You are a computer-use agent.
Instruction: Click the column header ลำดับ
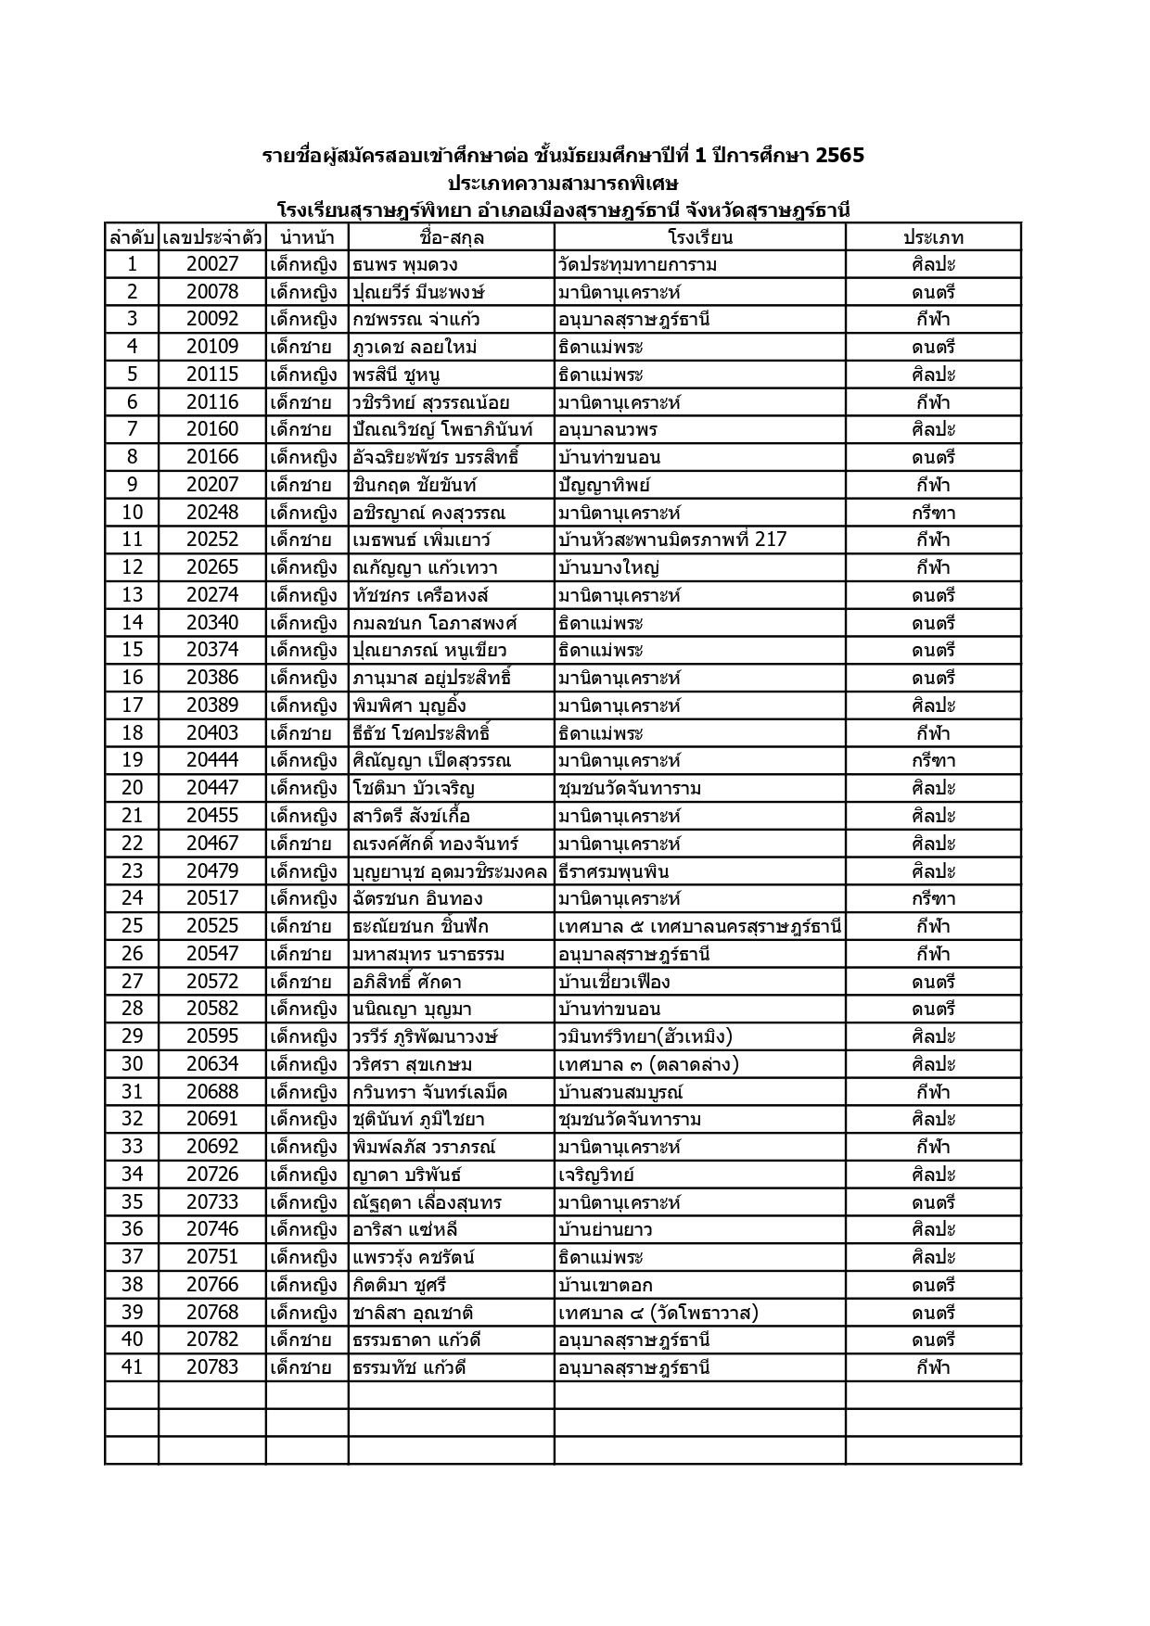pyautogui.click(x=132, y=237)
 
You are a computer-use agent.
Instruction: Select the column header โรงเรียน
pyautogui.click(x=699, y=237)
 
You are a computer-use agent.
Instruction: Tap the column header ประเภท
pyautogui.click(x=933, y=237)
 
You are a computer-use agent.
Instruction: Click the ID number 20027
pyautogui.click(x=212, y=264)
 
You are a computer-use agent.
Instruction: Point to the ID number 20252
pyautogui.click(x=212, y=540)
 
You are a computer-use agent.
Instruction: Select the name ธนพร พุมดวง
pyautogui.click(x=405, y=264)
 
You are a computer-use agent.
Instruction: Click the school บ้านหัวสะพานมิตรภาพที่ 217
pyautogui.click(x=672, y=540)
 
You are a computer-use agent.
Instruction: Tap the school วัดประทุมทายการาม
pyautogui.click(x=637, y=264)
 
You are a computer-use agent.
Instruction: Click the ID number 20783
pyautogui.click(x=212, y=1366)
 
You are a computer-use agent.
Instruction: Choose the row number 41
pyautogui.click(x=132, y=1366)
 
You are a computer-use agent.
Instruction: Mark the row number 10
pyautogui.click(x=132, y=512)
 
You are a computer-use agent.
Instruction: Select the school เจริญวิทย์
pyautogui.click(x=596, y=1175)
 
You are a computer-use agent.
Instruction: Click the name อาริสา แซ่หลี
pyautogui.click(x=405, y=1229)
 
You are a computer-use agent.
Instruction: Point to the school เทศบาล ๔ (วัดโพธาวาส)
pyautogui.click(x=658, y=1312)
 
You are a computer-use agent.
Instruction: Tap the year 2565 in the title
pyautogui.click(x=839, y=155)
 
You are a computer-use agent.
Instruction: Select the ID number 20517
pyautogui.click(x=212, y=897)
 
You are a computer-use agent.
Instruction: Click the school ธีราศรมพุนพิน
pyautogui.click(x=613, y=870)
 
